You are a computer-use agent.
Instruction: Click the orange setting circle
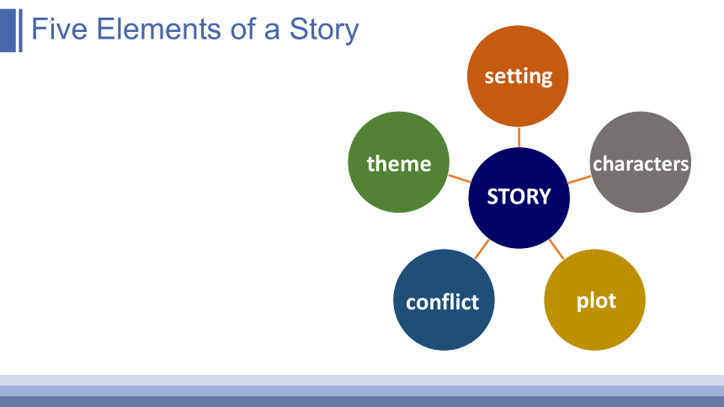coord(518,77)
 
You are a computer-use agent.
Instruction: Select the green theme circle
coord(398,162)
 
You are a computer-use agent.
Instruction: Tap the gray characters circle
coord(641,162)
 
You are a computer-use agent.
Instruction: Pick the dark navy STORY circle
coord(519,198)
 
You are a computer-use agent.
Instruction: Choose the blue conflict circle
coord(444,300)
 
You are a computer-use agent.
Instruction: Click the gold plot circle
coord(594,300)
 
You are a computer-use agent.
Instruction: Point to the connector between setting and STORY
coord(519,137)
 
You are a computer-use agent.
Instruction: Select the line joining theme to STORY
coord(460,178)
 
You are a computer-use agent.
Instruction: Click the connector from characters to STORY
coord(579,179)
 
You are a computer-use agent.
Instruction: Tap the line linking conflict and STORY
coord(482,249)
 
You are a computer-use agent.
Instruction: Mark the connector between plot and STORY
coord(556,249)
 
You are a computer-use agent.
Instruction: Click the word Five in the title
coord(59,29)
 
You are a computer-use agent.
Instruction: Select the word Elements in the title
coord(159,29)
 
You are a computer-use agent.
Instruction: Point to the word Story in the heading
coord(323,30)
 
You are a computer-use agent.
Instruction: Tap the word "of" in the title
coord(242,29)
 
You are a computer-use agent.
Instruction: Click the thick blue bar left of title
coord(8,30)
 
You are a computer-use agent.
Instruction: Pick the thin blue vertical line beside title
coord(20,30)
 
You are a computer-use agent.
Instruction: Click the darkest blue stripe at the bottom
coord(362,401)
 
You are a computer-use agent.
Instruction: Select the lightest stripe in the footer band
coord(362,380)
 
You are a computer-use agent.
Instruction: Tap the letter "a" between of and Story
coord(272,31)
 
